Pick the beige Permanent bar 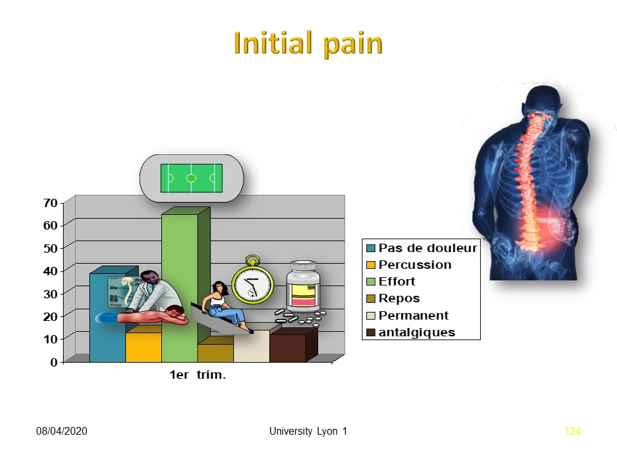point(251,346)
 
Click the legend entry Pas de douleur point(422,248)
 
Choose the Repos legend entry point(393,298)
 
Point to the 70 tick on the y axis point(50,203)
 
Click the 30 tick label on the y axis point(50,294)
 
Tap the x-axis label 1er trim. point(197,375)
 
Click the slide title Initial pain point(308,43)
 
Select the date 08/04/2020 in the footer point(62,431)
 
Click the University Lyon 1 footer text point(308,431)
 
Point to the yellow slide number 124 point(572,431)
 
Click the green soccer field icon point(192,178)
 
